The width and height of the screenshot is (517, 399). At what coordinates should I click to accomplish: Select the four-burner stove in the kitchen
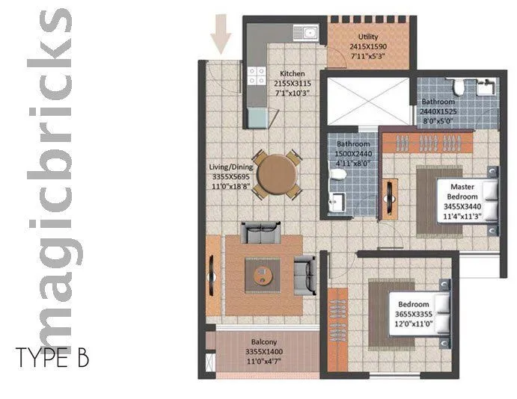[x=257, y=75]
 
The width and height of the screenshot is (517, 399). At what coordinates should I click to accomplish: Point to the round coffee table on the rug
[x=263, y=274]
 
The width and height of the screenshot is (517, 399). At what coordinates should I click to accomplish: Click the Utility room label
[x=368, y=35]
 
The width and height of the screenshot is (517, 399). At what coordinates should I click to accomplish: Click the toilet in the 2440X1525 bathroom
[x=459, y=89]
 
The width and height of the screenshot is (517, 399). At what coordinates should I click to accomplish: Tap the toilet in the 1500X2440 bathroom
[x=338, y=175]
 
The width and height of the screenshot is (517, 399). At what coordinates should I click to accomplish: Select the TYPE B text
[x=52, y=358]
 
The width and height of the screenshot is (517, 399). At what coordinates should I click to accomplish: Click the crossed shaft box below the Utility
[x=369, y=100]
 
